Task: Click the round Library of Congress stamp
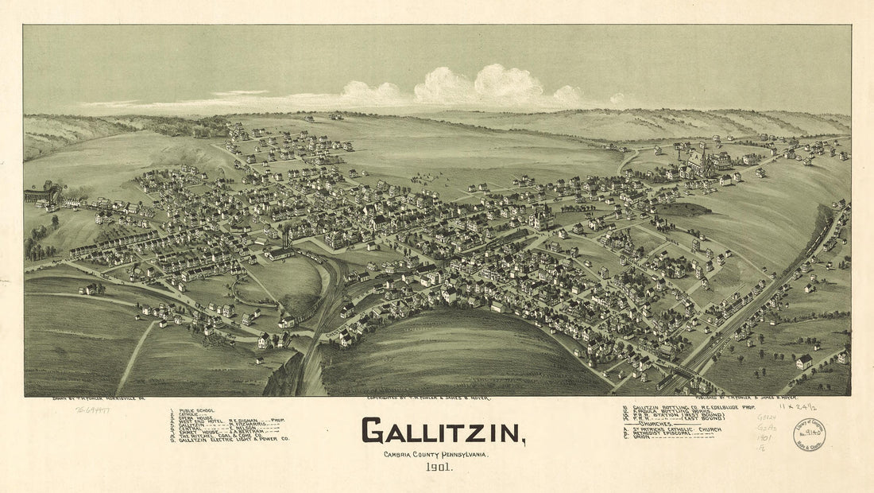(809, 434)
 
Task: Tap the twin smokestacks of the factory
(286, 237)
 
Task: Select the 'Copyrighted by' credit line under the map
(429, 397)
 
